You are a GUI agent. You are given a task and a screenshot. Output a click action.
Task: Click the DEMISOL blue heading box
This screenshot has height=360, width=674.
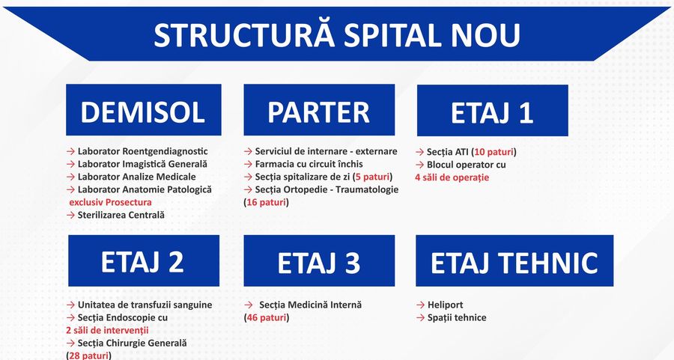pyautogui.click(x=144, y=110)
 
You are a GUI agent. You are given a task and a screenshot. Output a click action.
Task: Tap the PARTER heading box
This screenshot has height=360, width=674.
pyautogui.click(x=319, y=110)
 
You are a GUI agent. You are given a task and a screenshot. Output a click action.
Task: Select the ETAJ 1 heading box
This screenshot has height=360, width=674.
pyautogui.click(x=493, y=111)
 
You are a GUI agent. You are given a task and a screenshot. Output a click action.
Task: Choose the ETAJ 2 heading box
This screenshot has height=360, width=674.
pyautogui.click(x=144, y=260)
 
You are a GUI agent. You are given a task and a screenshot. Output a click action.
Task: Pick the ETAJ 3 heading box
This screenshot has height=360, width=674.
pyautogui.click(x=319, y=260)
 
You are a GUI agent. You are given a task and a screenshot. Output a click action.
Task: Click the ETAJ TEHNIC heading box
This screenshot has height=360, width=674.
pyautogui.click(x=514, y=260)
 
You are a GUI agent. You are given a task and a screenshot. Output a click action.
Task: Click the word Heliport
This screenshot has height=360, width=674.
pyautogui.click(x=446, y=305)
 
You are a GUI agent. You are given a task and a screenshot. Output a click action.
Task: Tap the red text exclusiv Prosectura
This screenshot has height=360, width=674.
pyautogui.click(x=111, y=202)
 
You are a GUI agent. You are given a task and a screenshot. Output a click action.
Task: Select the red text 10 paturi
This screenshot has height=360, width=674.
pyautogui.click(x=494, y=152)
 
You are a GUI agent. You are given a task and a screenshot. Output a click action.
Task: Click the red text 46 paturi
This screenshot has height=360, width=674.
pyautogui.click(x=267, y=318)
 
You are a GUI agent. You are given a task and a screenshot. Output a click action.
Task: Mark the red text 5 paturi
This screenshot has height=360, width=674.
pyautogui.click(x=373, y=177)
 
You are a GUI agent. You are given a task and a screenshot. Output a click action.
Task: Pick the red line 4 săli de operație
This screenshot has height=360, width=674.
pyautogui.click(x=452, y=177)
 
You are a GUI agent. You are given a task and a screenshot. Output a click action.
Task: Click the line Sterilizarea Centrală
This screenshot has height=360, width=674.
pyautogui.click(x=121, y=216)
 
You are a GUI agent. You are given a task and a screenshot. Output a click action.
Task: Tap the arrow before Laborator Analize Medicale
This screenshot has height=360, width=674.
pyautogui.click(x=71, y=177)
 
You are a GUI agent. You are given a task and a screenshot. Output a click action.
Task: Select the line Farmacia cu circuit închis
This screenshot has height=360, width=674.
pyautogui.click(x=309, y=164)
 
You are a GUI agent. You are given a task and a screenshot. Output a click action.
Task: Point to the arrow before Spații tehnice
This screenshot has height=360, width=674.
pyautogui.click(x=421, y=318)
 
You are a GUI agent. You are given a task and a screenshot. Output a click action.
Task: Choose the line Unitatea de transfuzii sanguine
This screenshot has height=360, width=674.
pyautogui.click(x=145, y=305)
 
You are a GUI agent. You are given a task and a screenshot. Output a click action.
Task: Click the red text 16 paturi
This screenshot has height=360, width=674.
pyautogui.click(x=267, y=202)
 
